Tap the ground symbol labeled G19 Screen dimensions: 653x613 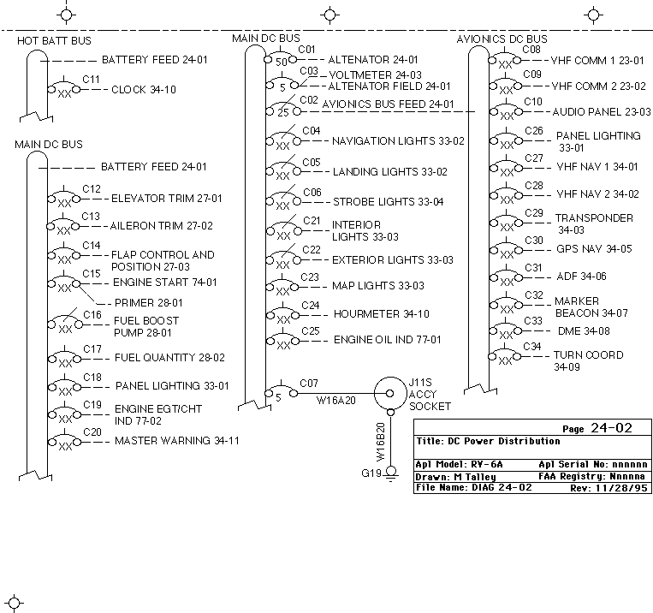[x=390, y=473]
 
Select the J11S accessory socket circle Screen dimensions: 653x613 [x=390, y=393]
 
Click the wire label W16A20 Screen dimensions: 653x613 [x=336, y=401]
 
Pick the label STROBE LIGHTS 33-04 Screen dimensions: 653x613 [x=389, y=202]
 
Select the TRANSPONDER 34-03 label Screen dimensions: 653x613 [x=594, y=223]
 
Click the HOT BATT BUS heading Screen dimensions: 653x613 [x=54, y=40]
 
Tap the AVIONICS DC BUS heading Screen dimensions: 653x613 [x=502, y=39]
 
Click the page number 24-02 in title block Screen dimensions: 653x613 [x=611, y=428]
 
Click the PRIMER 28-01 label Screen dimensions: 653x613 [x=149, y=302]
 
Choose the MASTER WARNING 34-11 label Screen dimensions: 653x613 [x=177, y=440]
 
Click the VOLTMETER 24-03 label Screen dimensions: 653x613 [x=375, y=75]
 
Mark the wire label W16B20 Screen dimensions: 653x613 [x=381, y=442]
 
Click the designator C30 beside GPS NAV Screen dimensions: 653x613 [x=534, y=241]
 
